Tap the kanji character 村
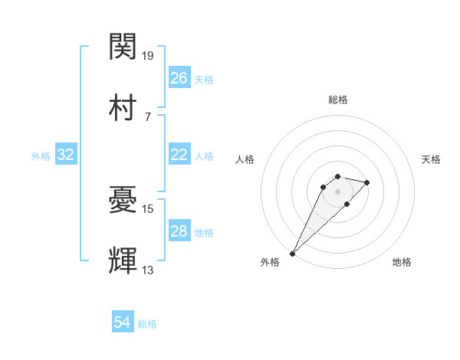(x=123, y=107)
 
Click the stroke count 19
(x=149, y=56)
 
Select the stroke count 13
(x=149, y=270)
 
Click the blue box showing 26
(x=179, y=77)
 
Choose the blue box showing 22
(x=179, y=155)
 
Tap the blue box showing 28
(x=179, y=231)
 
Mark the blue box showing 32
(x=66, y=155)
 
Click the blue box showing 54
(x=123, y=322)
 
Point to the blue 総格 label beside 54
(x=148, y=324)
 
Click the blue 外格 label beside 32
(x=41, y=156)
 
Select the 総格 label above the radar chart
(x=338, y=100)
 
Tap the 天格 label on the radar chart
(x=432, y=159)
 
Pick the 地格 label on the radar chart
(x=402, y=263)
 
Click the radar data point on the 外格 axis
(x=293, y=253)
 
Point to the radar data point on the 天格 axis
(x=367, y=182)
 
